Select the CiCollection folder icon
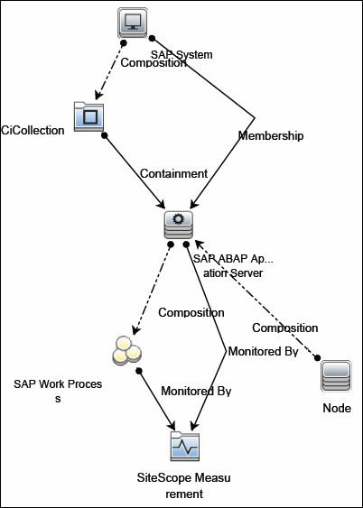click(x=89, y=118)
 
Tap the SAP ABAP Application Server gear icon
click(x=177, y=224)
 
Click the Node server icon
click(x=336, y=374)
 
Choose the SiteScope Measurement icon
click(x=184, y=447)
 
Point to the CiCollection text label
click(x=33, y=130)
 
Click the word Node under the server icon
click(x=336, y=409)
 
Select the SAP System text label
click(x=181, y=54)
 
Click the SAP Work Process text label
click(x=57, y=390)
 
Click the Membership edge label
click(x=270, y=135)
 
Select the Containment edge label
click(x=173, y=172)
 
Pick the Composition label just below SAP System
click(x=154, y=63)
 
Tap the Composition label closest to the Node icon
click(x=284, y=328)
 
